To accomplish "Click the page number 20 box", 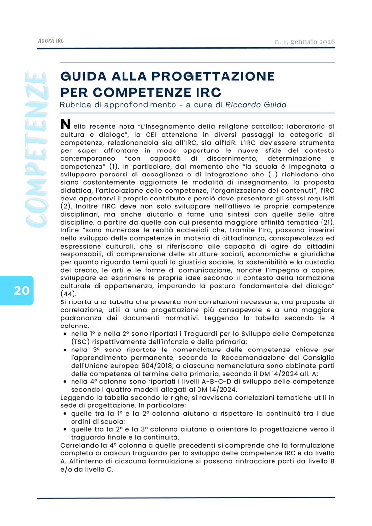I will tap(21, 290).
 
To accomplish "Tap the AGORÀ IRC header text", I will tap(51, 41).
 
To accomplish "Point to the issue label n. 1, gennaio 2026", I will tap(305, 42).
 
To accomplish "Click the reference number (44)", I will tap(70, 294).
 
